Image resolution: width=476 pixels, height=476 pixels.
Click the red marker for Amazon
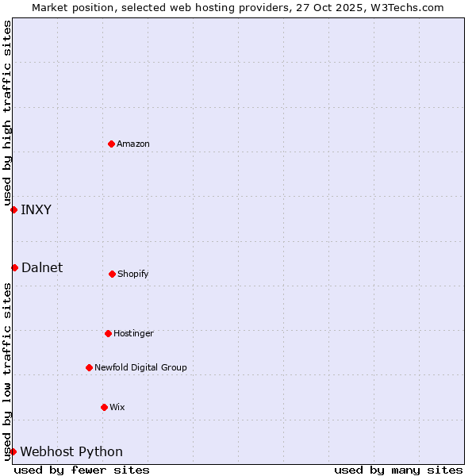(111, 144)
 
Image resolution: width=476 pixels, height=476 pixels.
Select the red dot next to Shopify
(112, 274)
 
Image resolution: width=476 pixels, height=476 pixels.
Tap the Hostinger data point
(108, 333)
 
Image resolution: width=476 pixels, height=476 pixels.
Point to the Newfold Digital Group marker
(89, 367)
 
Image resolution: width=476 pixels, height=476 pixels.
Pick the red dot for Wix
(104, 407)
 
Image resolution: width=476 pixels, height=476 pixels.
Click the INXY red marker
(13, 209)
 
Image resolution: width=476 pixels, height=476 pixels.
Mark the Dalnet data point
(14, 267)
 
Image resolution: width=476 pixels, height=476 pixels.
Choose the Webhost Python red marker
(13, 451)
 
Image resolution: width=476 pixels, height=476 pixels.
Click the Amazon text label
(133, 144)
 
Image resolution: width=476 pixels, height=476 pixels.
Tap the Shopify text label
(133, 274)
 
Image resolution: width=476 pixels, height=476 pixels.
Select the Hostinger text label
(133, 333)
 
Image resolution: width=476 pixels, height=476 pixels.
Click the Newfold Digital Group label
(140, 367)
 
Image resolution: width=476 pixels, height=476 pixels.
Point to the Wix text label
(117, 407)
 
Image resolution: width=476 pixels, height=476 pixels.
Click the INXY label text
(36, 209)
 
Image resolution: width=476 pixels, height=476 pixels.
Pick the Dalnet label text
(42, 267)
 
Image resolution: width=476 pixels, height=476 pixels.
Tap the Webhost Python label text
(71, 451)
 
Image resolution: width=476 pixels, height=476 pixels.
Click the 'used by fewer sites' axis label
(82, 470)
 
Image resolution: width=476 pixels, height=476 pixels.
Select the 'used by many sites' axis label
(398, 470)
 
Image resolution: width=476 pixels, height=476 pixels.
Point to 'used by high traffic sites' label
(7, 113)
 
